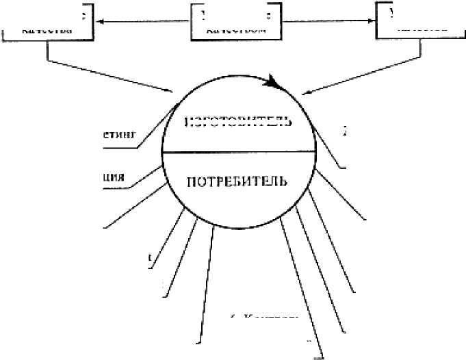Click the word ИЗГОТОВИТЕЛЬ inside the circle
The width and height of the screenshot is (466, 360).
(240, 123)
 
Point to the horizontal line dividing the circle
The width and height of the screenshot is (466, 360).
(240, 152)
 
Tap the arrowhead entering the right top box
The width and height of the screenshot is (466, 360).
(372, 22)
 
